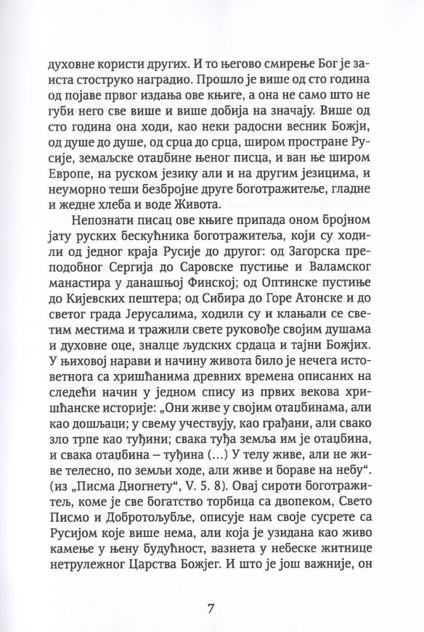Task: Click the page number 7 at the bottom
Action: point(212,586)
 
